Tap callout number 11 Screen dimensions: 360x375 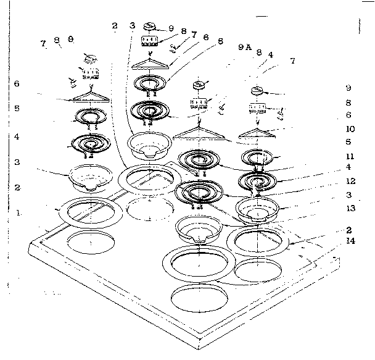pyautogui.click(x=349, y=156)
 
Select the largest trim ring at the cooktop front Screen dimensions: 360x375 pyautogui.click(x=199, y=265)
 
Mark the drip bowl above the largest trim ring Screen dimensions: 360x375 pyautogui.click(x=199, y=230)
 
